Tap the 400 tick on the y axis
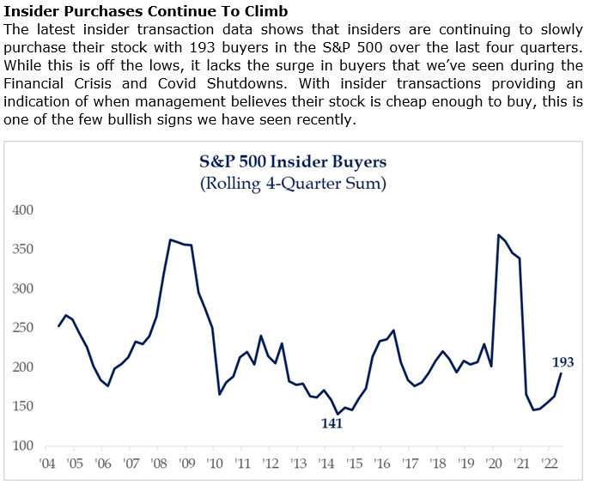coord(24,210)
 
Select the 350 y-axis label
coord(24,250)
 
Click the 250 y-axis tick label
coord(24,328)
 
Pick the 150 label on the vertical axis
coord(24,407)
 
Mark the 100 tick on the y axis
coord(24,446)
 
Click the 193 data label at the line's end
coord(563,362)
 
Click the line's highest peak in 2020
coord(498,235)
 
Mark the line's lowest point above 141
coord(338,414)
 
